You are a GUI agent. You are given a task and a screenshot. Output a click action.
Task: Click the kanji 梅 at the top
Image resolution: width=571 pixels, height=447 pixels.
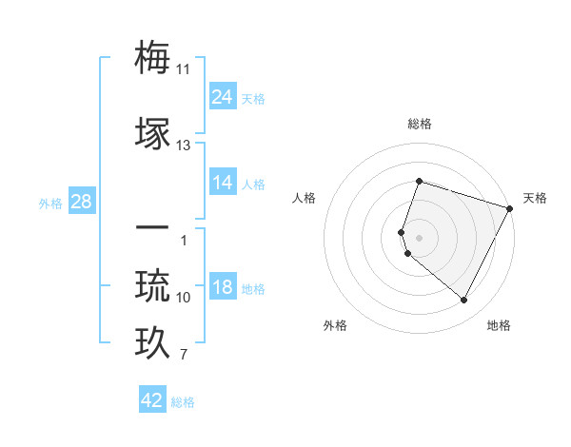153,58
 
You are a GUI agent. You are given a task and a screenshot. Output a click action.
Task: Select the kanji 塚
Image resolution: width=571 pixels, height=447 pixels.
153,134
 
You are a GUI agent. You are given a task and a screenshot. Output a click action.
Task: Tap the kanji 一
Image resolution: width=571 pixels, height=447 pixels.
153,228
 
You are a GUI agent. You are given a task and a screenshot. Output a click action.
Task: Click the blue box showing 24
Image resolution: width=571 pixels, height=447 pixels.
222,96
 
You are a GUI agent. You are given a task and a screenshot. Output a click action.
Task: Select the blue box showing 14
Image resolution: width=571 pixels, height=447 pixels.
222,183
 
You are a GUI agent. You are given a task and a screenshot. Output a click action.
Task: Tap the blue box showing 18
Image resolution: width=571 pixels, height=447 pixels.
222,288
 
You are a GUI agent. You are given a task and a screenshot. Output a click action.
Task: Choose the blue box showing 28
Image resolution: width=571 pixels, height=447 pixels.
81,202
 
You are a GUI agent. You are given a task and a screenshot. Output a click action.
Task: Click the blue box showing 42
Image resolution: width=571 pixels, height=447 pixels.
152,400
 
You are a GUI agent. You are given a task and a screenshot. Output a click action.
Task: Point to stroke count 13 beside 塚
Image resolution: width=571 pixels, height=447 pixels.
184,146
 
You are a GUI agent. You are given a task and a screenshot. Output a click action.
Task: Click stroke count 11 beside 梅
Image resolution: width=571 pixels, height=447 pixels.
184,69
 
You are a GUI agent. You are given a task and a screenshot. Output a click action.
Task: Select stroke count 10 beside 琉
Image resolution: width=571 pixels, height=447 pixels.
184,298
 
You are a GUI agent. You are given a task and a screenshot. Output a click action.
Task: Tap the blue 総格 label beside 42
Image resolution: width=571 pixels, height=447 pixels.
183,402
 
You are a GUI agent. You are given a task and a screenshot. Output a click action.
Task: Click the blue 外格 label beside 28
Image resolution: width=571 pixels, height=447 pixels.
50,203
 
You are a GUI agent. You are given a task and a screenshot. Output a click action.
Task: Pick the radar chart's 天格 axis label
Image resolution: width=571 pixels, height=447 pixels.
535,198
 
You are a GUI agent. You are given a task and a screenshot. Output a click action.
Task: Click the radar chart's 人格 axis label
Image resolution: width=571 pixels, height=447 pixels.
304,198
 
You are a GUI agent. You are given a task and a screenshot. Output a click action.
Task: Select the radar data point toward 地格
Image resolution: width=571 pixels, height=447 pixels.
463,301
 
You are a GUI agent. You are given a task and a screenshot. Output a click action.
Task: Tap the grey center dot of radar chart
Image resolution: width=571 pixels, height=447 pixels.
419,237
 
